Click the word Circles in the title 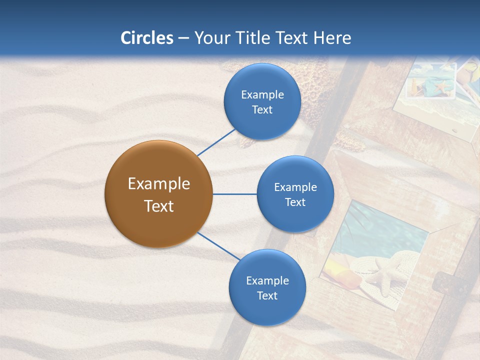pyautogui.click(x=147, y=38)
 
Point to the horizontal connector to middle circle pyautogui.click(x=234, y=194)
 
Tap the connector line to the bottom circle pyautogui.click(x=219, y=246)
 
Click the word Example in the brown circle pyautogui.click(x=158, y=184)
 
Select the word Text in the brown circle pyautogui.click(x=158, y=206)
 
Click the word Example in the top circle pyautogui.click(x=262, y=95)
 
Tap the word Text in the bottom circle pyautogui.click(x=267, y=295)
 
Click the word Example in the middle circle pyautogui.click(x=295, y=187)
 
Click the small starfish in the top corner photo pyautogui.click(x=441, y=88)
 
